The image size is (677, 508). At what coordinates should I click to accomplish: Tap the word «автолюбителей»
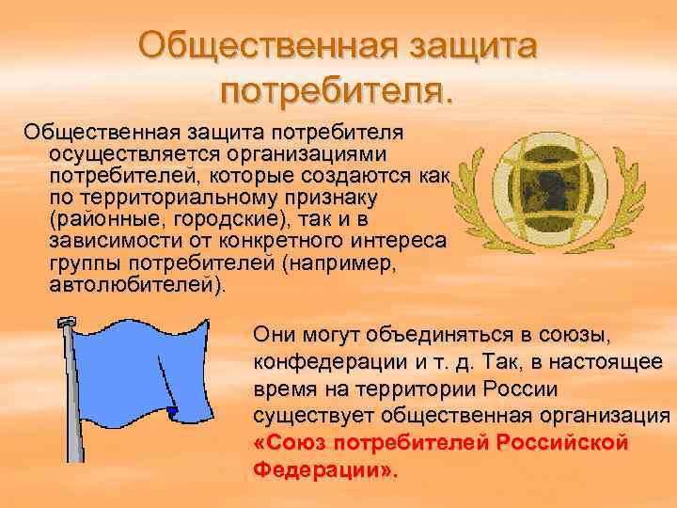coord(134,288)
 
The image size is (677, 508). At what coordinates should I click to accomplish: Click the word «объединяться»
coord(431,337)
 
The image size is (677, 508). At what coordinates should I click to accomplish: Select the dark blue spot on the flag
coord(171,411)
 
